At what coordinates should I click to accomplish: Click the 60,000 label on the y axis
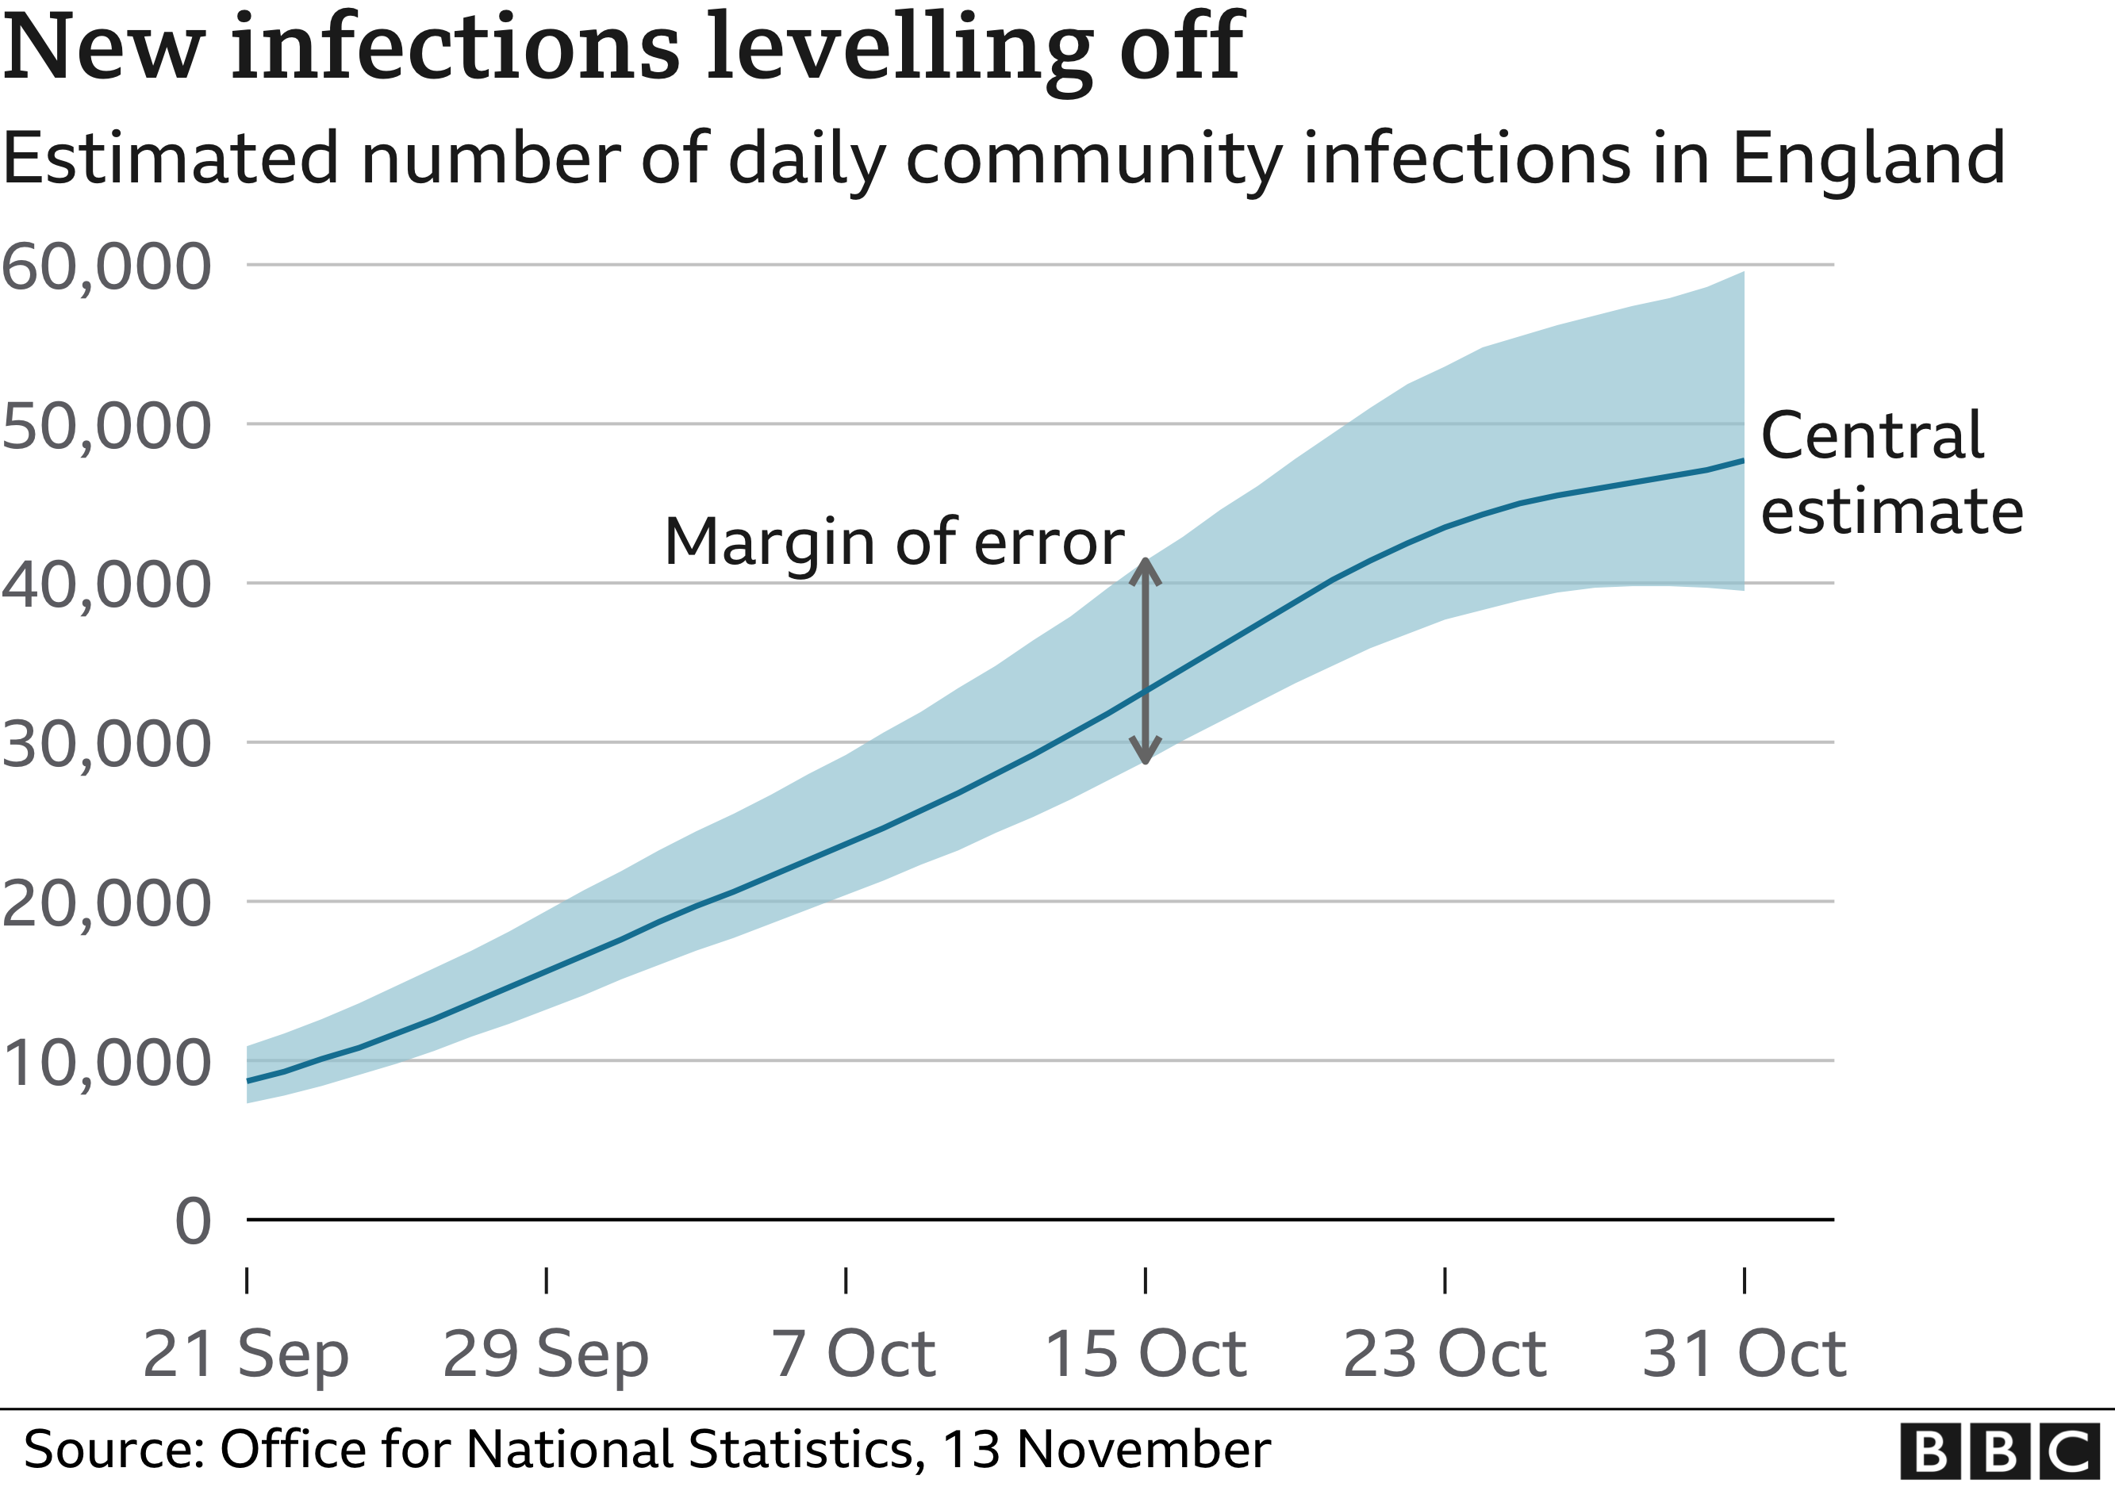(106, 267)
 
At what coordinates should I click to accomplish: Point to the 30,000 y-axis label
(106, 744)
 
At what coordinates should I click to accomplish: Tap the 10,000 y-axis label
(106, 1063)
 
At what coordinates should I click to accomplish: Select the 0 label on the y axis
(193, 1222)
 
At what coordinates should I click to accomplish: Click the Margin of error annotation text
(893, 542)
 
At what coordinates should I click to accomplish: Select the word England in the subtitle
(1868, 159)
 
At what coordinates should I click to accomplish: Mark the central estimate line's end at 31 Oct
(1742, 460)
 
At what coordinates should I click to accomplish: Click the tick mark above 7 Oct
(846, 1280)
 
